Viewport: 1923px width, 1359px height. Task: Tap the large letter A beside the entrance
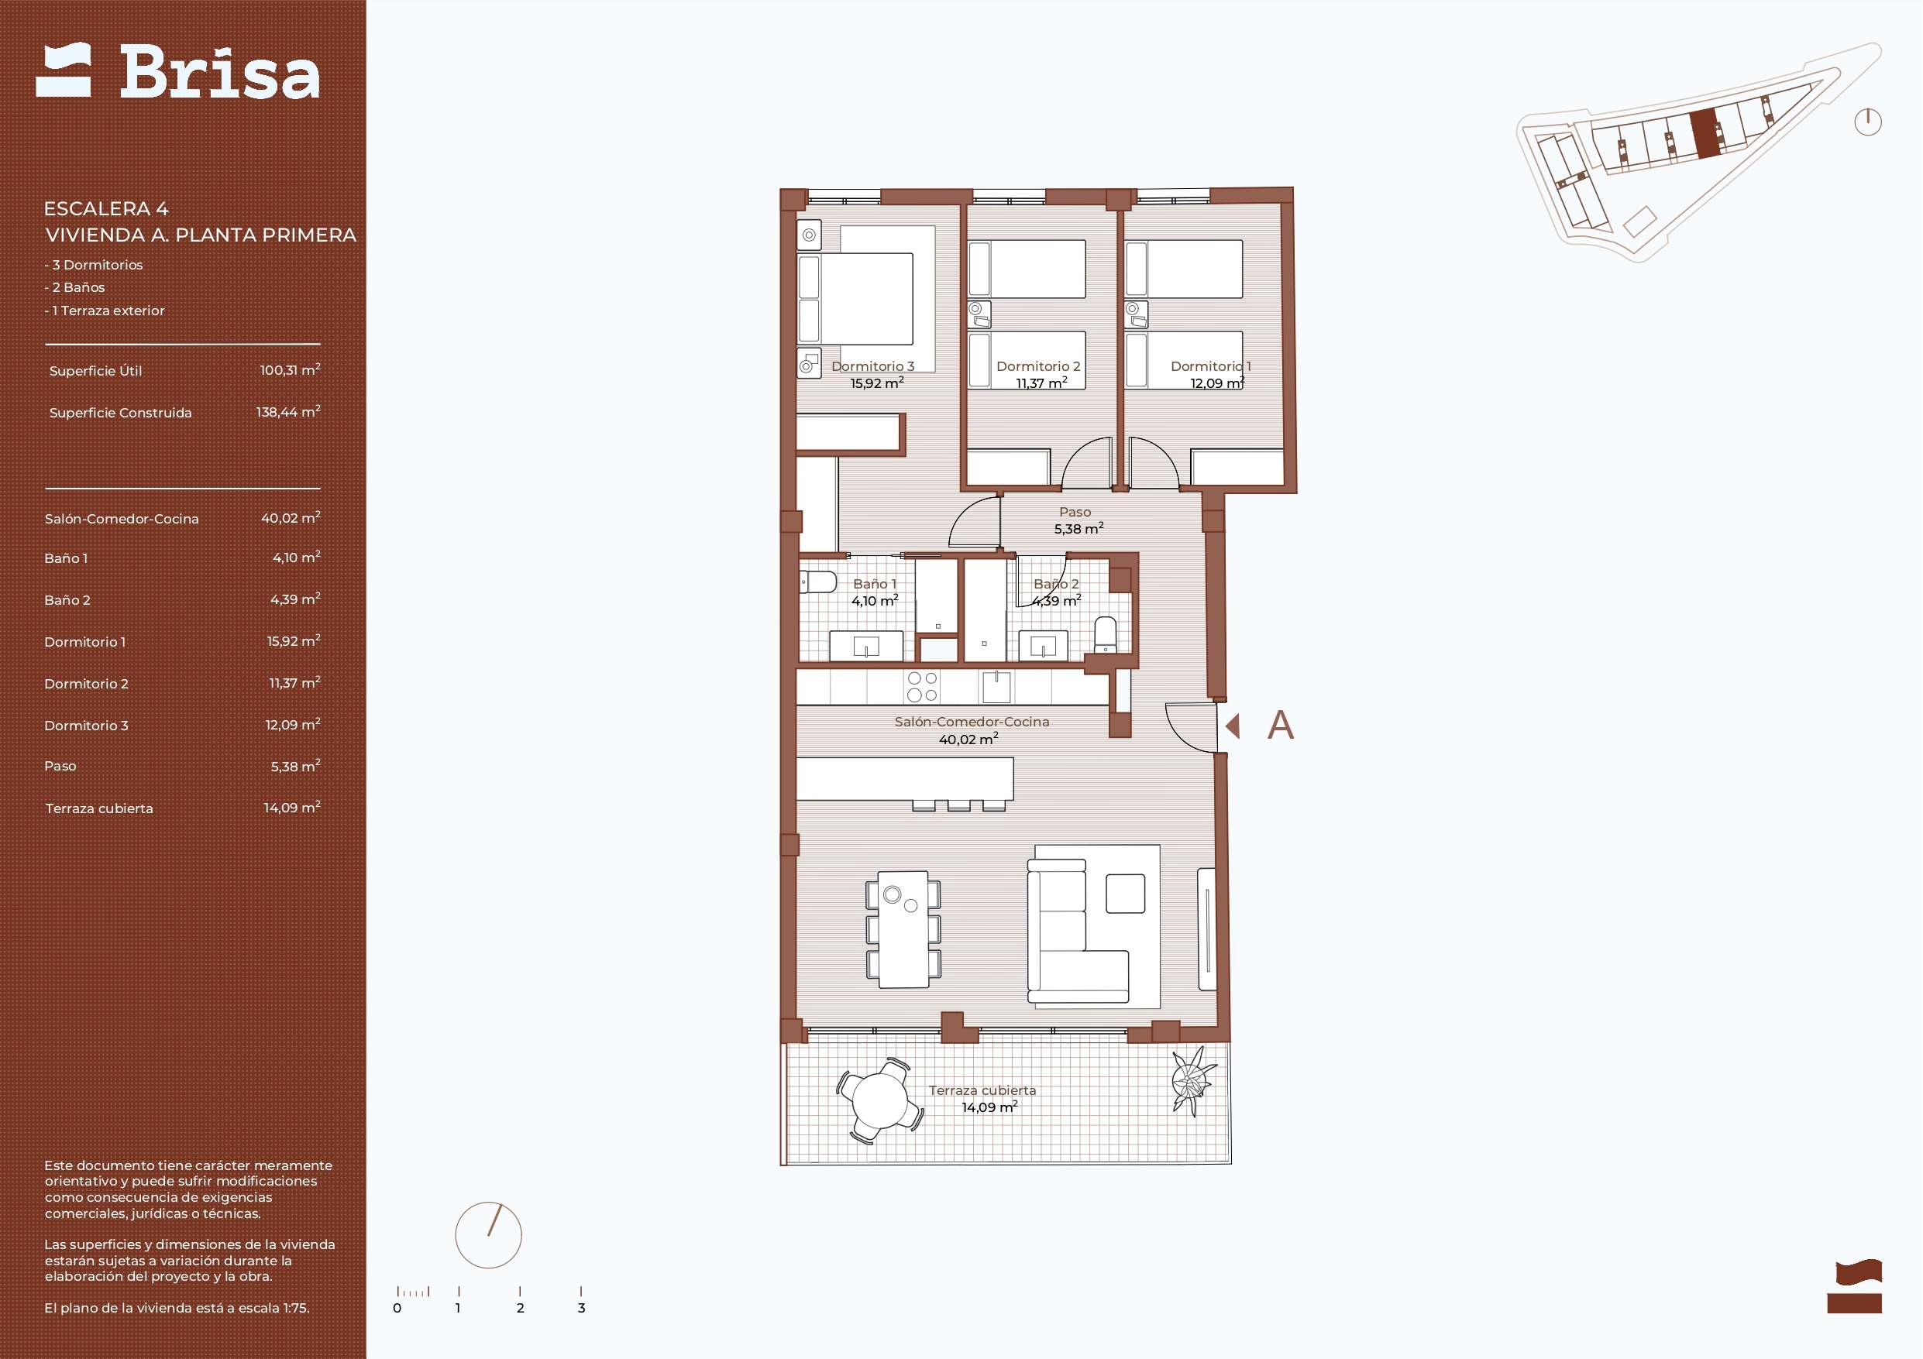click(x=1281, y=725)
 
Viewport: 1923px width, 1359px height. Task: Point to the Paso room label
click(x=1075, y=512)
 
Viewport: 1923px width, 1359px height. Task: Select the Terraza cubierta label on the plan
click(x=982, y=1090)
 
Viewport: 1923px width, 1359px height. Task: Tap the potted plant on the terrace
click(x=1192, y=1081)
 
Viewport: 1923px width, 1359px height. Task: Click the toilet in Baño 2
click(x=1106, y=635)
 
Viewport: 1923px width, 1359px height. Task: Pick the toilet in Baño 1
click(x=817, y=582)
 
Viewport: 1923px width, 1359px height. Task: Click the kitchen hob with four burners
click(x=922, y=688)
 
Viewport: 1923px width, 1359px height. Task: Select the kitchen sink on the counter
click(x=996, y=688)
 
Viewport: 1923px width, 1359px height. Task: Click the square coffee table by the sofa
click(x=1125, y=894)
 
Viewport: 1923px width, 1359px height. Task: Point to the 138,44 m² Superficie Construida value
click(x=288, y=412)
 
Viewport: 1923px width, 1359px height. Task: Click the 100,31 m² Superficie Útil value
click(x=290, y=370)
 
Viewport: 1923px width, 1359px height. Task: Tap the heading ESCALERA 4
click(x=106, y=208)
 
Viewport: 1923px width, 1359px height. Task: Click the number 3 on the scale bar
click(x=581, y=1308)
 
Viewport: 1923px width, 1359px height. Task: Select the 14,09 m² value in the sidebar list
click(x=291, y=808)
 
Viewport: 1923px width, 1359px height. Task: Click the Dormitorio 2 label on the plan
click(x=1037, y=366)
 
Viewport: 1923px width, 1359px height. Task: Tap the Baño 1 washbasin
click(x=866, y=647)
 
